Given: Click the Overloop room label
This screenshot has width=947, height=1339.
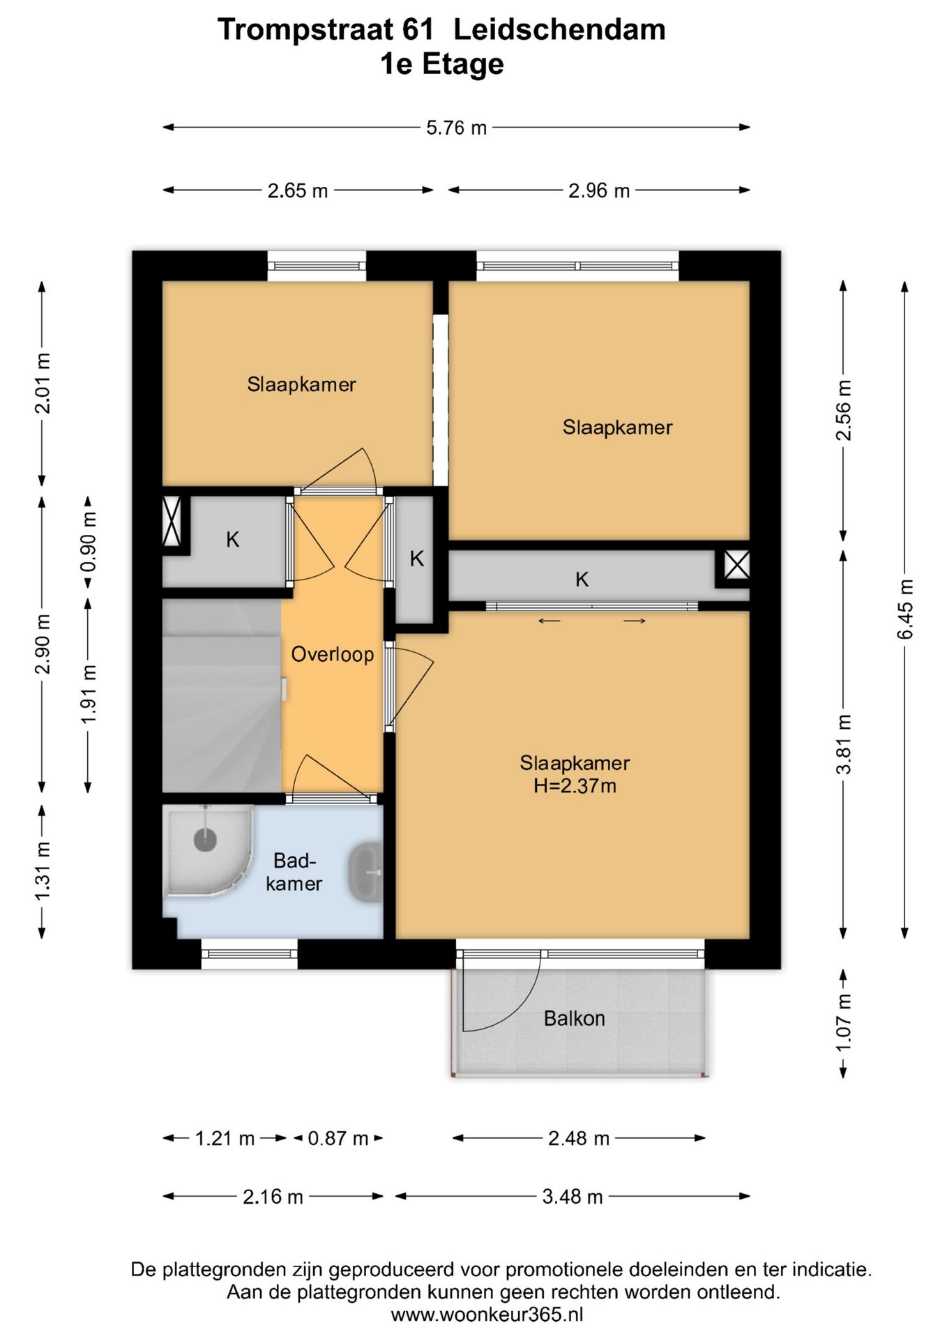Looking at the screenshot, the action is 332,654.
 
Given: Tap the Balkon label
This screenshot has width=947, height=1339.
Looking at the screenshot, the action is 574,1018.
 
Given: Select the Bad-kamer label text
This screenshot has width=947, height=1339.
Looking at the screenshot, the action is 294,872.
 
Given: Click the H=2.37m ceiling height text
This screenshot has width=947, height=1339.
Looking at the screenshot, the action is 575,786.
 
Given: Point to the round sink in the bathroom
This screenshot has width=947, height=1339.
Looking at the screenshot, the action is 365,872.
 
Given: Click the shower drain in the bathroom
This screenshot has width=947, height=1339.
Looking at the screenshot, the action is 205,839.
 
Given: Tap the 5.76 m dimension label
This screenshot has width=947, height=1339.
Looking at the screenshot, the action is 456,128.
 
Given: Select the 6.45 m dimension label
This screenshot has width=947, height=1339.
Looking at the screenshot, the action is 904,609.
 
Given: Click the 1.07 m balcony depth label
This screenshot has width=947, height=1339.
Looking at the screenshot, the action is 843,1023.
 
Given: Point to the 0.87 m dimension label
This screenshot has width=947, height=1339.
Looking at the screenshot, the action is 338,1138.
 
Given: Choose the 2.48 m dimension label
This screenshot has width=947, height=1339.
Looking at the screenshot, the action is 579,1138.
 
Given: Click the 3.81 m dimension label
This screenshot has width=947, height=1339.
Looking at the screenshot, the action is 843,744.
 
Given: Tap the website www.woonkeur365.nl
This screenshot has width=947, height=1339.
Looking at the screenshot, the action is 487,1315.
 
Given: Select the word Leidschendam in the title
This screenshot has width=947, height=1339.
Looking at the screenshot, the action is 559,29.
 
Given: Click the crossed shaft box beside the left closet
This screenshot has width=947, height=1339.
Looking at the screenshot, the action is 172,521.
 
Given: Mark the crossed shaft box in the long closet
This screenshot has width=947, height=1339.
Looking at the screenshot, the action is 736,564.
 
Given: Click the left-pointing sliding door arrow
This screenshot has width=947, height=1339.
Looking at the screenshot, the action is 550,621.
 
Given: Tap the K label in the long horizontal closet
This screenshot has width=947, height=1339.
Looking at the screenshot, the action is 582,579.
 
